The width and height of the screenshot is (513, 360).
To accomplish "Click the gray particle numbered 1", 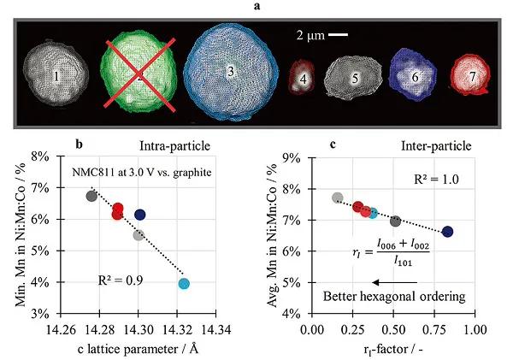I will pos(56,76).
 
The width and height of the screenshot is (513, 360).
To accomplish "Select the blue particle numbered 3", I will pos(228,73).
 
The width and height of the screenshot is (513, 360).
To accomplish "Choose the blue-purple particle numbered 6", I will pos(415,76).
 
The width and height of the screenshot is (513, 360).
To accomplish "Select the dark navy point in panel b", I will pos(139,215).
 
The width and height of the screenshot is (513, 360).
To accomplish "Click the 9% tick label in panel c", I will pos(292,156).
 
